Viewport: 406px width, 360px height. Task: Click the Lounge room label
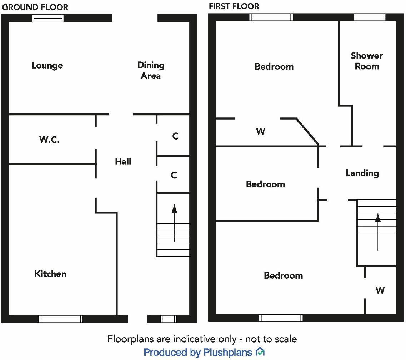pos(47,66)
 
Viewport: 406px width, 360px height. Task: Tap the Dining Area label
pos(151,70)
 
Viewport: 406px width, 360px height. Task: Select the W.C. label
pos(49,140)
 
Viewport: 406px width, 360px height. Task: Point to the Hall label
pos(123,162)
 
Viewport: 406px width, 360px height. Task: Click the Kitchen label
pos(50,274)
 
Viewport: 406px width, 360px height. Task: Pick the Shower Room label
pos(367,61)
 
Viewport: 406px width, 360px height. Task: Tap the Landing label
pos(362,173)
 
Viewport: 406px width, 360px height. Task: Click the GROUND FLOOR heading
pos(35,7)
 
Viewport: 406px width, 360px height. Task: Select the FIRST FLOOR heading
pos(234,6)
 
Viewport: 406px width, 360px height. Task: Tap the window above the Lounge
pos(48,18)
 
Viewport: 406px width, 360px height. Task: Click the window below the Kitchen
pos(61,319)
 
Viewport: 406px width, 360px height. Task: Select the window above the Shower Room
pos(370,17)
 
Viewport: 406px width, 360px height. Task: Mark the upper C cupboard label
pos(175,136)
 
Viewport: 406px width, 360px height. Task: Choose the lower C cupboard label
pos(174,175)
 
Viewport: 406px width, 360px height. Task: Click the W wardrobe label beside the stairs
pos(380,290)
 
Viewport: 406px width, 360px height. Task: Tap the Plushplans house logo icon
pos(260,352)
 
